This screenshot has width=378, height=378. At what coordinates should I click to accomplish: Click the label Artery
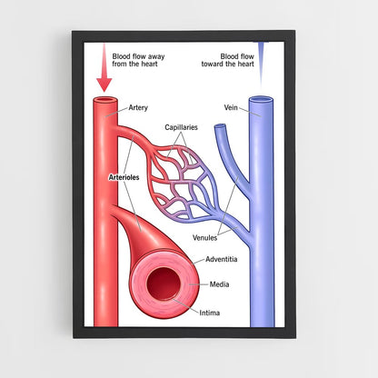point(138,108)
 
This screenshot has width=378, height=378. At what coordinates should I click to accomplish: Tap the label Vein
point(231,107)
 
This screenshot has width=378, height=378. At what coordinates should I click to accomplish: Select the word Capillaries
point(181,127)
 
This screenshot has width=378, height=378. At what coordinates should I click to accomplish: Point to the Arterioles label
point(124,177)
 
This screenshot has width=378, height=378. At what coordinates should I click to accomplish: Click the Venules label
point(205,238)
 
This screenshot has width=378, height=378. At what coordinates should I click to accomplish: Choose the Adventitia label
point(222,259)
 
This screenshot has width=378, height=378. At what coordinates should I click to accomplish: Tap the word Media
point(219,284)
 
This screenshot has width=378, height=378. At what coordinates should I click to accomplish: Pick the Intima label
point(210,313)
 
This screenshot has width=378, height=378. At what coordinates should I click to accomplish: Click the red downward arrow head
point(104,85)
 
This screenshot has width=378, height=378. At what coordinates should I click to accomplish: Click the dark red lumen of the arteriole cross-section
point(164,283)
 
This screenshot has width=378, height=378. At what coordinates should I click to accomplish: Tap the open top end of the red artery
point(105,100)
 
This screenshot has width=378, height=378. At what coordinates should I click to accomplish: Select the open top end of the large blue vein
point(261,99)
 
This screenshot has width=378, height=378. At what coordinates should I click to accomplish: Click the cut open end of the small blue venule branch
point(220,126)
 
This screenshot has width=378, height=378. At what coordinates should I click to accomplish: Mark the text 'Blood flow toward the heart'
point(228,60)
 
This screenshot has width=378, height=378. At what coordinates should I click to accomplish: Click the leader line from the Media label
point(199,284)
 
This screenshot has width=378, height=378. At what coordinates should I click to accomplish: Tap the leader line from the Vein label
point(250,112)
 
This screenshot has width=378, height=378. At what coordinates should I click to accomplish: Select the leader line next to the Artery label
point(116,112)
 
